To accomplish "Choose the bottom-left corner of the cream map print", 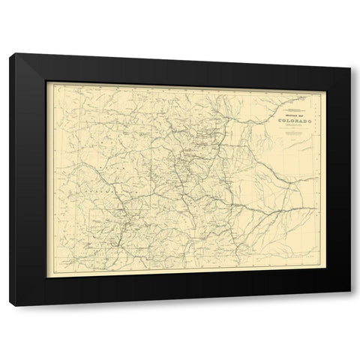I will click(46, 277).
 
